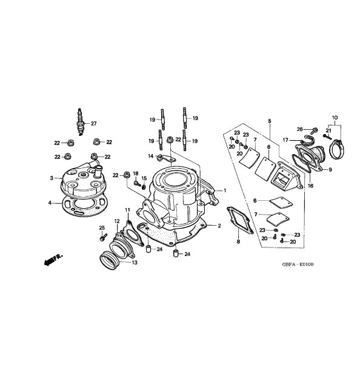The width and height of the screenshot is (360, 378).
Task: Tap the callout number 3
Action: click(x=52, y=178)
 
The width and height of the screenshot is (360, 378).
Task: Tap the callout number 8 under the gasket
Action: click(x=238, y=242)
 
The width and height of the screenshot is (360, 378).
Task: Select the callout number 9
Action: click(x=330, y=169)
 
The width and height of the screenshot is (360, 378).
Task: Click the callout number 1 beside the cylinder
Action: click(x=225, y=190)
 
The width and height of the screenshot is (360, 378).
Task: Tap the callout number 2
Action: click(x=219, y=226)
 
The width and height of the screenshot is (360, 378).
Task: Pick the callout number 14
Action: click(x=151, y=156)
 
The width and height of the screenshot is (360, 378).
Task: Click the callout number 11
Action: click(x=128, y=209)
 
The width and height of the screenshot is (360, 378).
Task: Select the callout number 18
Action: click(x=136, y=173)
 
